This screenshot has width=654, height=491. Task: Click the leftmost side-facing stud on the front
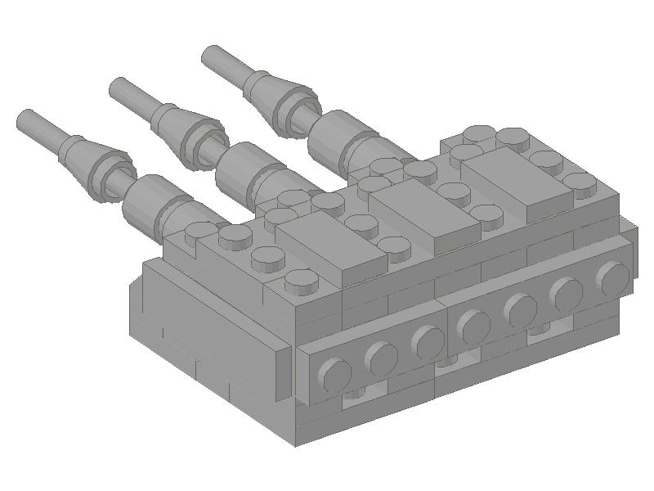(334, 376)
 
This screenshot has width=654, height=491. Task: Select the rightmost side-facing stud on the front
(612, 278)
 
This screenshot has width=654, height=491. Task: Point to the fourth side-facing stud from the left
(473, 327)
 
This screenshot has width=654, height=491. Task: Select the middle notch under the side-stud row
(446, 361)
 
